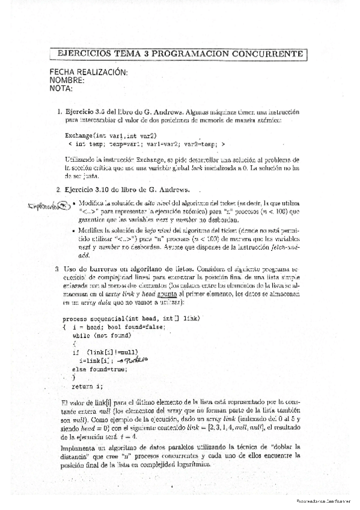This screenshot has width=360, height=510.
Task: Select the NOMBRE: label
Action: [67, 81]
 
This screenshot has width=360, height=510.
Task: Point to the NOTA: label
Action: [61, 89]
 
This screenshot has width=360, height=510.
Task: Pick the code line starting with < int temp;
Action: [147, 144]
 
